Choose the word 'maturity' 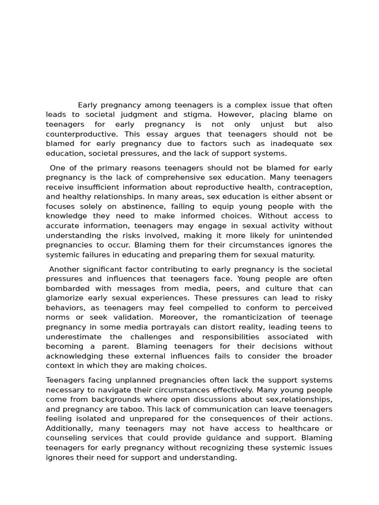[x=297, y=255]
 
